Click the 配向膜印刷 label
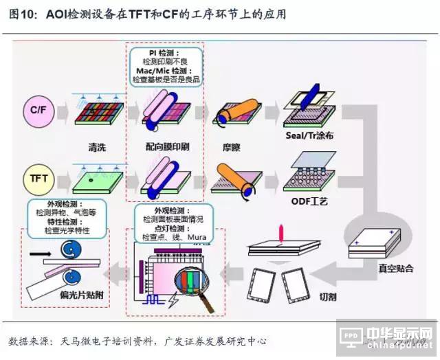tap(167, 146)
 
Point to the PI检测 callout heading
tap(166, 52)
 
